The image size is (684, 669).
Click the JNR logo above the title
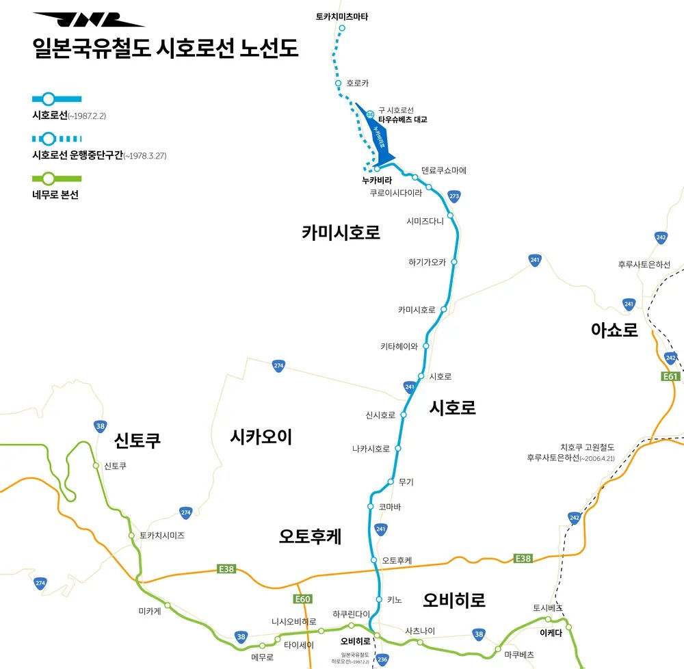tap(88, 20)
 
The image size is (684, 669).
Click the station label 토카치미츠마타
tap(342, 16)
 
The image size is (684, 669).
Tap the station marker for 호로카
tap(338, 83)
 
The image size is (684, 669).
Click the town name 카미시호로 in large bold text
tap(341, 233)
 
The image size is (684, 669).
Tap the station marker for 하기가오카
tap(453, 262)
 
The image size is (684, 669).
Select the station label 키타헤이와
tap(399, 346)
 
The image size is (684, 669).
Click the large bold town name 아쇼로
tap(614, 330)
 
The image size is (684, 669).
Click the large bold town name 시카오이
tap(261, 436)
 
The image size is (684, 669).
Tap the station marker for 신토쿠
tap(96, 466)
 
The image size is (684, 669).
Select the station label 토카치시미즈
tap(162, 535)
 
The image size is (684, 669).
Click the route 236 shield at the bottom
tap(382, 659)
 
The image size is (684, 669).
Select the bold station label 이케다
tap(551, 633)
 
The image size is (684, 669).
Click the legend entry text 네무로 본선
tap(55, 194)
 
